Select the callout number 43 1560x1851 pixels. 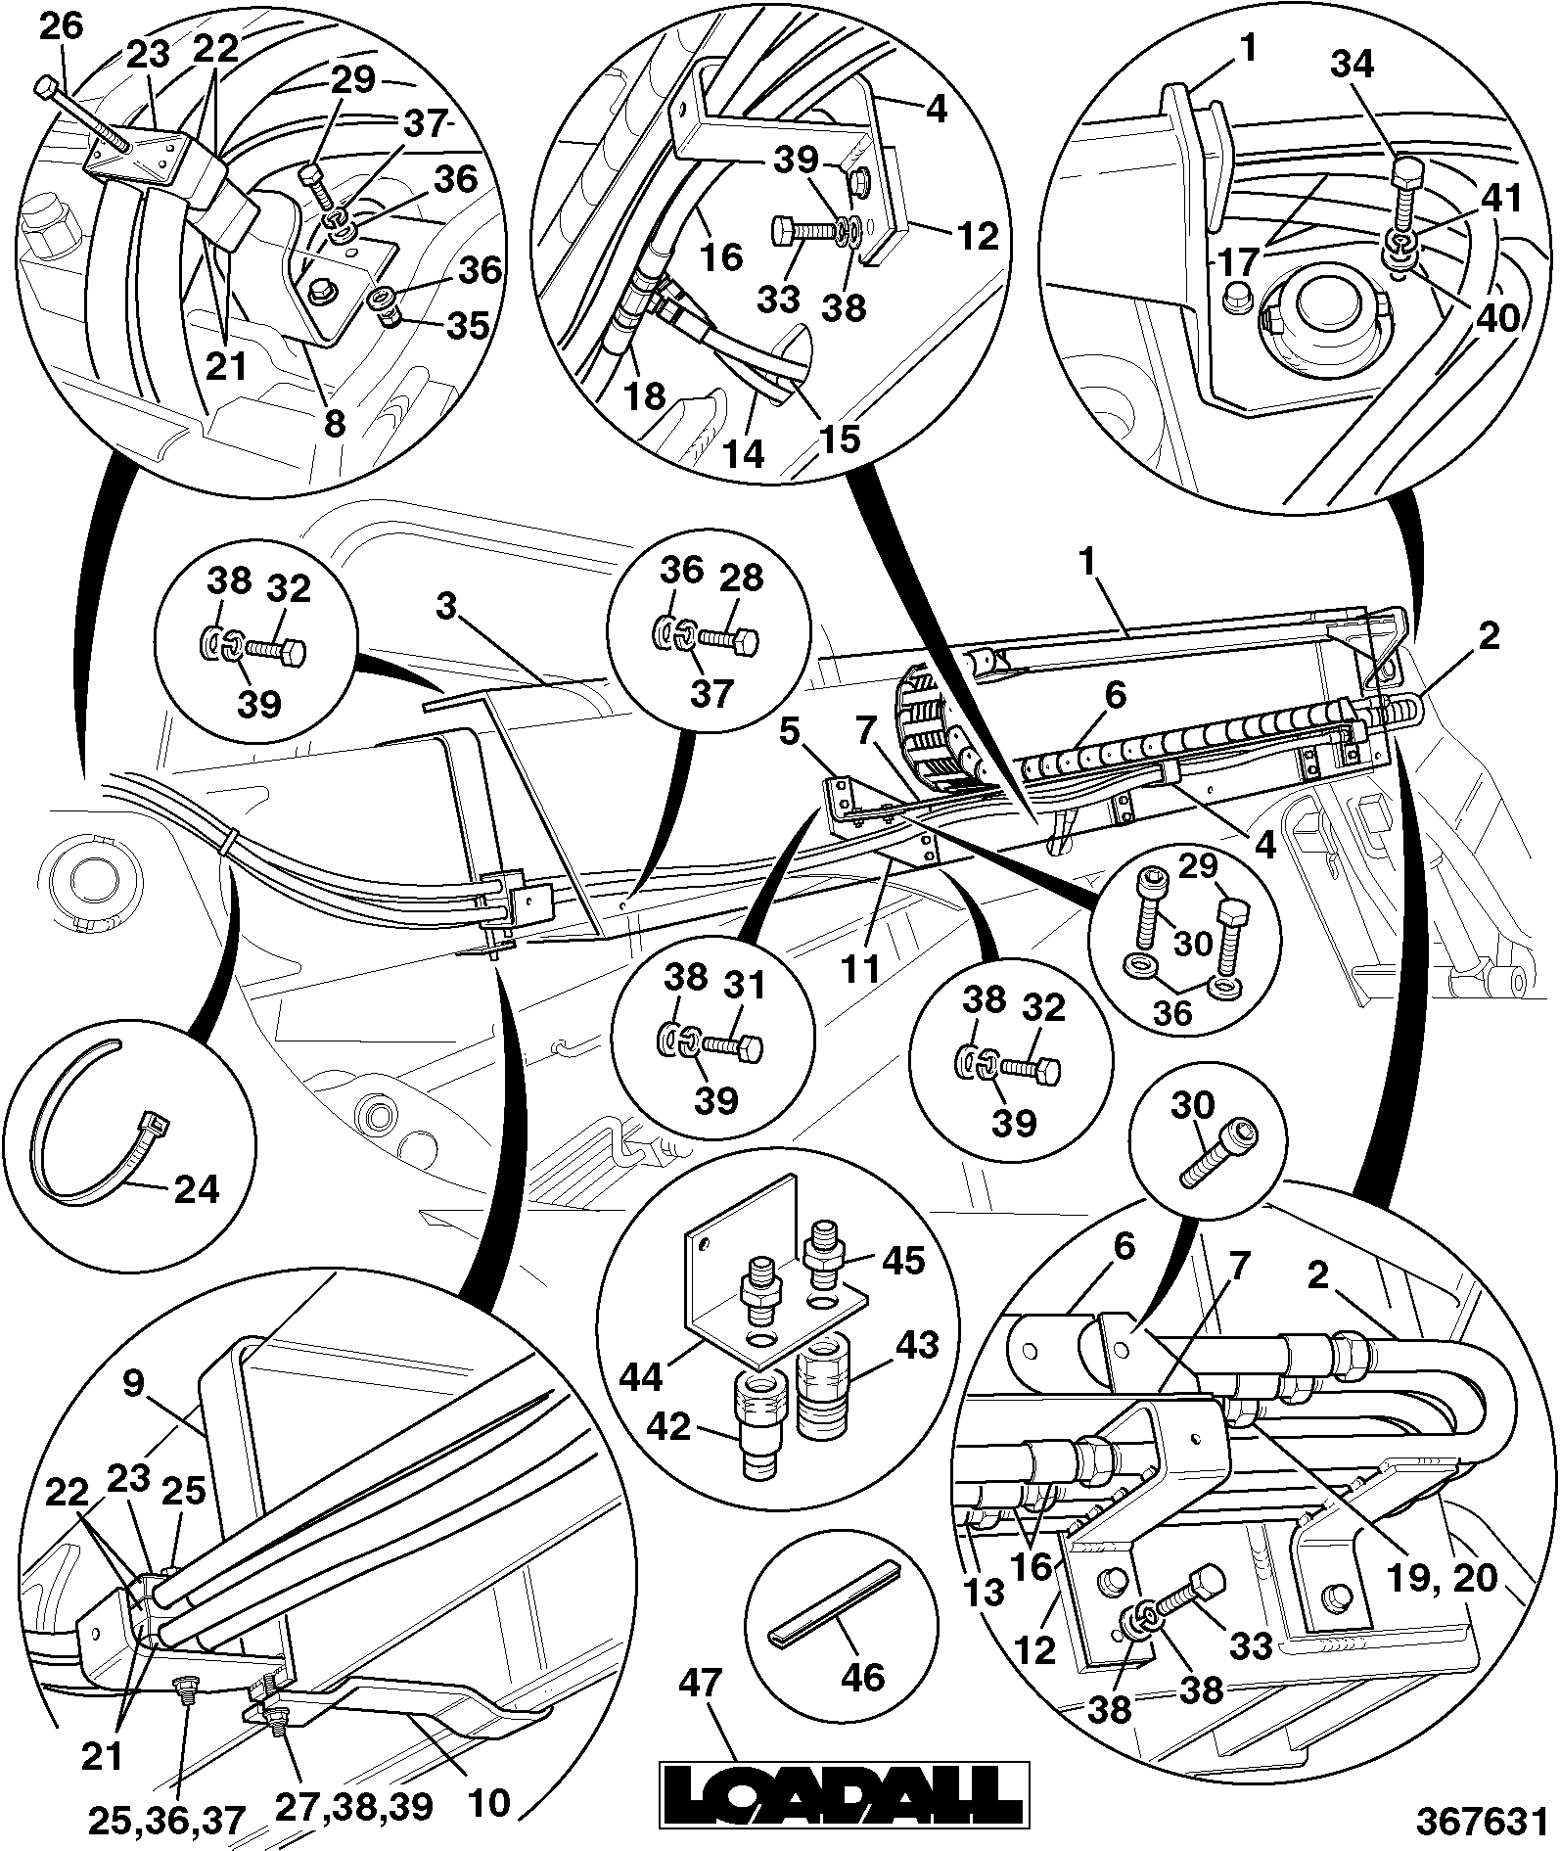click(x=916, y=1345)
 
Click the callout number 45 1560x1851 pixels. click(x=902, y=1260)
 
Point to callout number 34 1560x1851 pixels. click(x=1353, y=65)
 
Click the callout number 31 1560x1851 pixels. click(x=744, y=986)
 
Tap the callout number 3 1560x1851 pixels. click(x=447, y=608)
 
